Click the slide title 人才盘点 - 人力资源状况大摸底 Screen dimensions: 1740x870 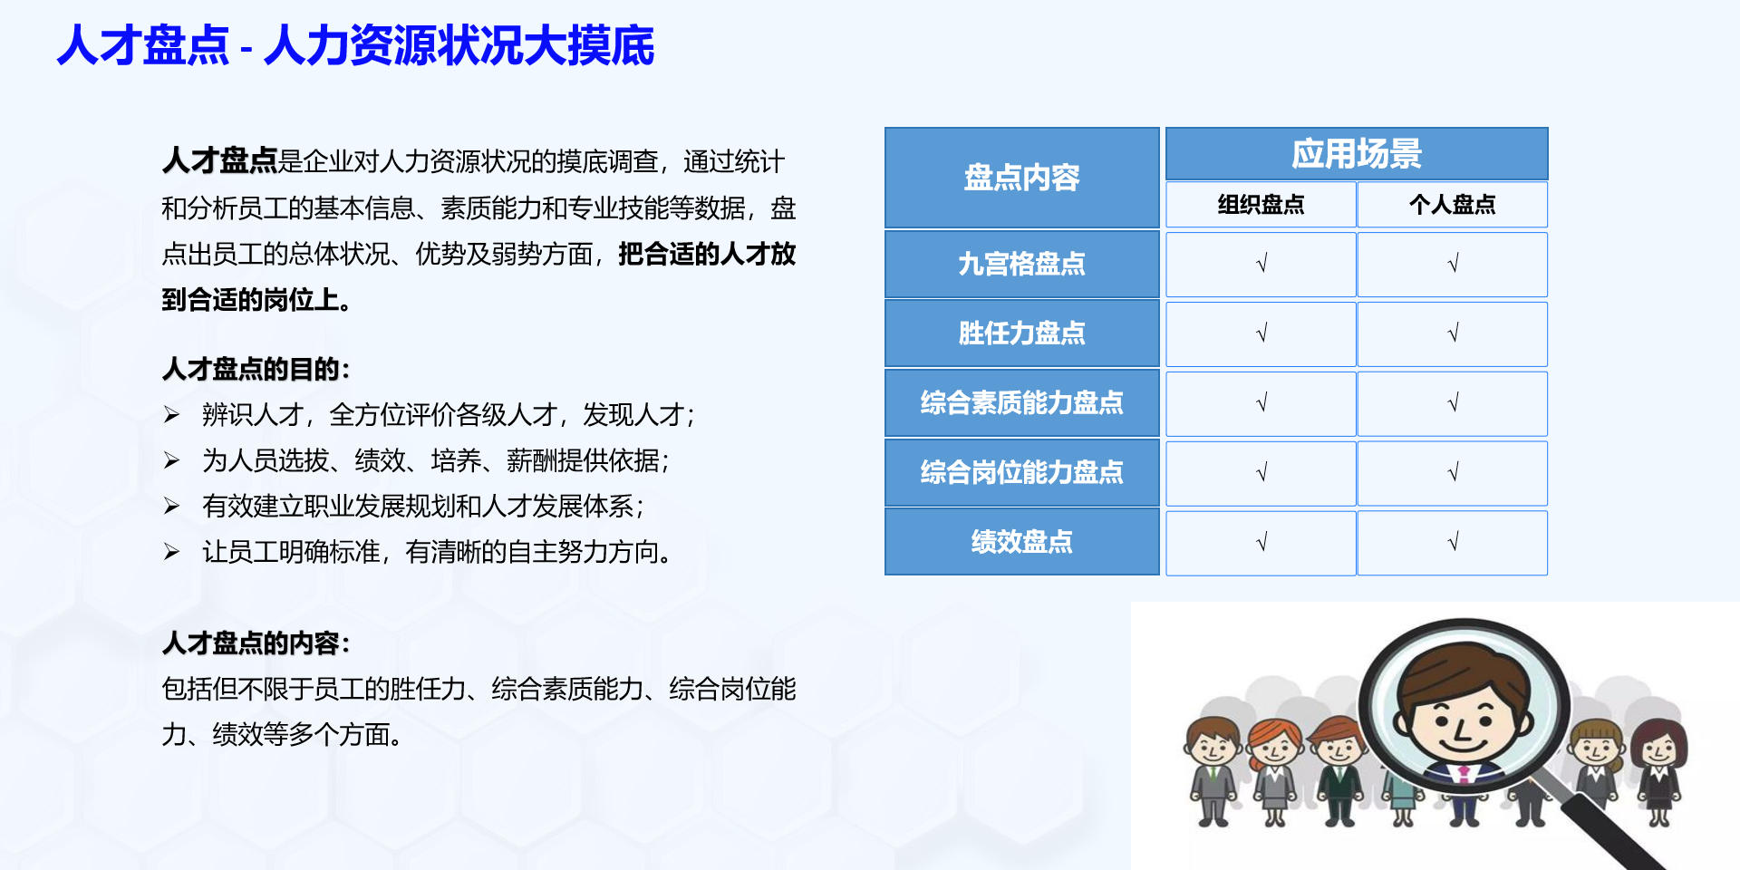pos(355,45)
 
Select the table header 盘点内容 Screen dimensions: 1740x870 pos(1021,178)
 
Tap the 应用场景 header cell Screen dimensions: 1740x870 pos(1356,154)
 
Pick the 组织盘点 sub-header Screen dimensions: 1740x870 pos(1261,205)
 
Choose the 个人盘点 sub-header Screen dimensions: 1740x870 pos(1452,205)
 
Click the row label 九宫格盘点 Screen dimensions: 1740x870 pos(1021,264)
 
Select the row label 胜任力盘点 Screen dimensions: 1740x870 pos(1021,333)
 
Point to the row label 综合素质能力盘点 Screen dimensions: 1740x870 pos(1021,402)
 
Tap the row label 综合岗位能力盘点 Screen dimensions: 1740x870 pos(1021,472)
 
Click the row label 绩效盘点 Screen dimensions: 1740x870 pos(1021,542)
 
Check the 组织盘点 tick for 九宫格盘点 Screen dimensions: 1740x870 pos(1261,264)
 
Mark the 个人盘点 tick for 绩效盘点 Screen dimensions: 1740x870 pos(1453,542)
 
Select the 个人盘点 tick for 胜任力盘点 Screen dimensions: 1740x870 pos(1453,333)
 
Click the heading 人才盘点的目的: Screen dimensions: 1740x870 pos(256,369)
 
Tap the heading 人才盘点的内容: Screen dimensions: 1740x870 pos(256,643)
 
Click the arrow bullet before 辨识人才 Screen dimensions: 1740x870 pos(171,415)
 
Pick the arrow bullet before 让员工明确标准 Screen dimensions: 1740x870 pos(171,552)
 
